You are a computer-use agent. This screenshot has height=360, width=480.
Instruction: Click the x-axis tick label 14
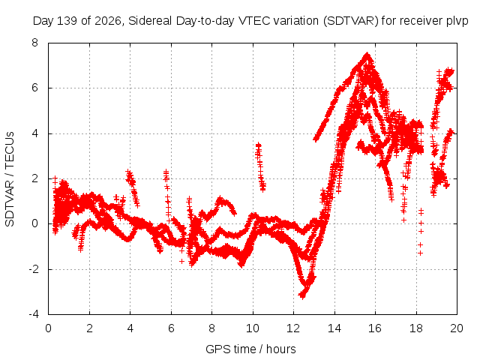(x=334, y=328)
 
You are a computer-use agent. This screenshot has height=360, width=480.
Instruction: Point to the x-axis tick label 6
(x=171, y=328)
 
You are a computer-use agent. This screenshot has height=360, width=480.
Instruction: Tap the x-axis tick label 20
(x=457, y=328)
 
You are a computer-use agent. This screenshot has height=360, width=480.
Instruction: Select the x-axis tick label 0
(x=48, y=328)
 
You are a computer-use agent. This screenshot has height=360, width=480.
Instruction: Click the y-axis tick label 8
(x=35, y=43)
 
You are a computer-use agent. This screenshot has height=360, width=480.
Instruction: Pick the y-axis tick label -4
(x=34, y=314)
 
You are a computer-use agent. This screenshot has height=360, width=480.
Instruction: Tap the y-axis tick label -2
(x=34, y=269)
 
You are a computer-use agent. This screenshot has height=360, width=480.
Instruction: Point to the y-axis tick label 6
(x=35, y=88)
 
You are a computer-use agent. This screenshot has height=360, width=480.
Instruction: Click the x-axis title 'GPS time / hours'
(x=250, y=349)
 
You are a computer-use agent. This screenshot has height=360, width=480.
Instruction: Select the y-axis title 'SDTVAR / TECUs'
(x=10, y=179)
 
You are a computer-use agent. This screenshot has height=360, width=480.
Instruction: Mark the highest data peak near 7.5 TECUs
(x=367, y=55)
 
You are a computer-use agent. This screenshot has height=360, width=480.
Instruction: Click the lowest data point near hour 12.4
(x=302, y=296)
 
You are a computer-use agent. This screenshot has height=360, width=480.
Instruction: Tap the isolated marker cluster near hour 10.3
(x=260, y=166)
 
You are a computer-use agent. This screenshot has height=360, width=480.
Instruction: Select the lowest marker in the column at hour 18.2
(x=421, y=253)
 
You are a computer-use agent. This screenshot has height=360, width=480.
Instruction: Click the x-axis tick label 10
(x=253, y=328)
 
